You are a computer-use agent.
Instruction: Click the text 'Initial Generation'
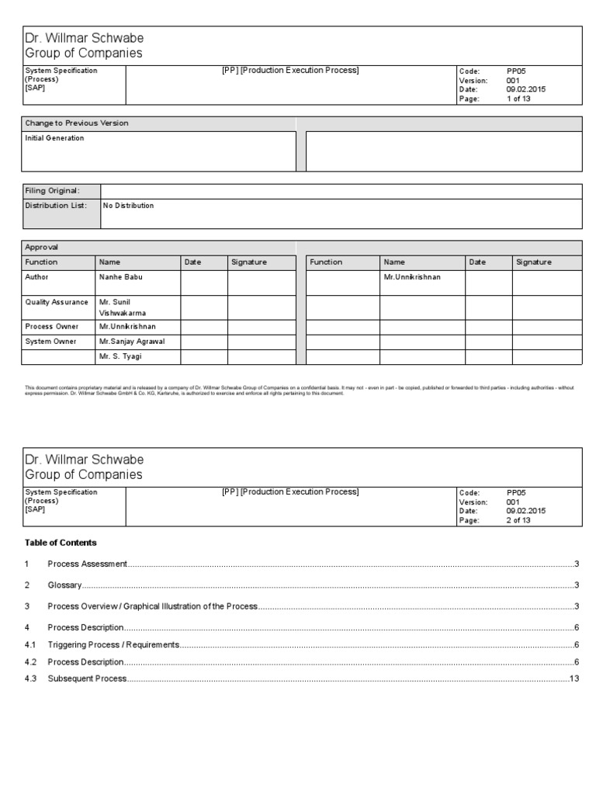click(x=55, y=138)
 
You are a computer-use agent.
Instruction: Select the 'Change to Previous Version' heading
click(x=77, y=123)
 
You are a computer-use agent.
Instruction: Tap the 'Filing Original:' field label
click(x=52, y=191)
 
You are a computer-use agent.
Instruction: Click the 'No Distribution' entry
click(x=129, y=206)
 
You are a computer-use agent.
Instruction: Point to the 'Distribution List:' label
click(x=56, y=206)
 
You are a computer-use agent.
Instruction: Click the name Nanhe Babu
click(x=121, y=277)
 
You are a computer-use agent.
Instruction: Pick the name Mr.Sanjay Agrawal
click(x=133, y=342)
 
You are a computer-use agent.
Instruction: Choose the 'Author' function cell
click(x=37, y=277)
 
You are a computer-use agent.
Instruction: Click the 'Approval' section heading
click(x=42, y=247)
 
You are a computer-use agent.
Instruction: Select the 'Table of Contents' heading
click(x=61, y=543)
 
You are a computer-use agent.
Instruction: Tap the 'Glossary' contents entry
click(x=64, y=585)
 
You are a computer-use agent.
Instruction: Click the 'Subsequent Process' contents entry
click(x=87, y=679)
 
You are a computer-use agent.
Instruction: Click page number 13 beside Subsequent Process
click(x=574, y=679)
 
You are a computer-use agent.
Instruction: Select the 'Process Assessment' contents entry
click(x=87, y=564)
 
